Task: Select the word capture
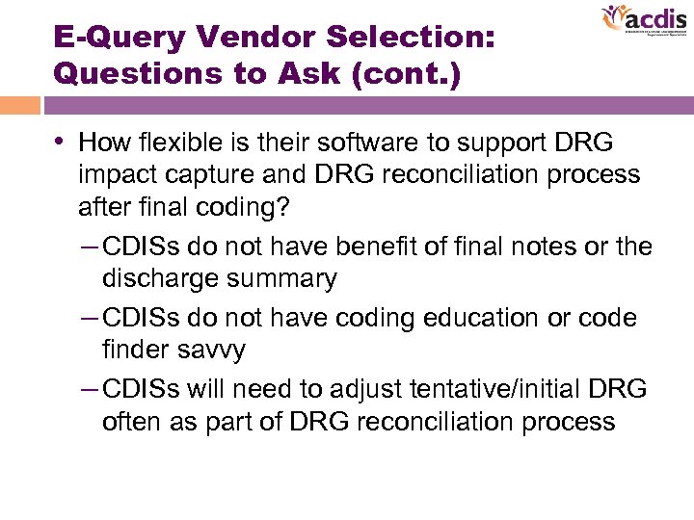213,174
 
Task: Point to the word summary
288,278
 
